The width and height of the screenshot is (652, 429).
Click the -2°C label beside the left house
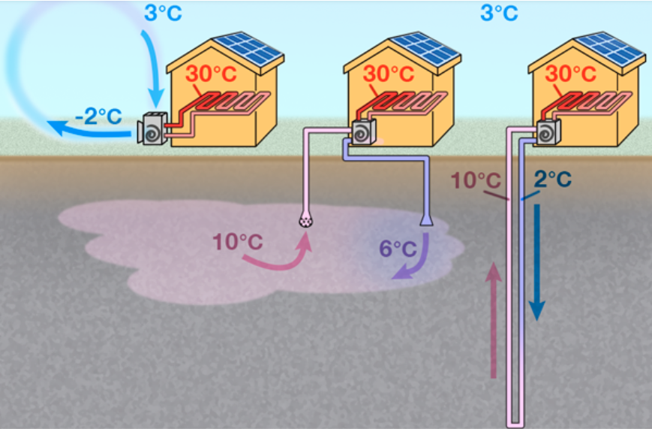pos(98,116)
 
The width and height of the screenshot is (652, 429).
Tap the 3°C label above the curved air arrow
pos(163,13)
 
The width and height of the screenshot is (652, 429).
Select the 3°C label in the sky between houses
pos(499,13)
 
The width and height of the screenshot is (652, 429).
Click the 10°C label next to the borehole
pos(474,181)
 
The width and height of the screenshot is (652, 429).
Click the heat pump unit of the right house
pos(548,132)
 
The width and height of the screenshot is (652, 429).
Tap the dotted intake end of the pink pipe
pos(306,220)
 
